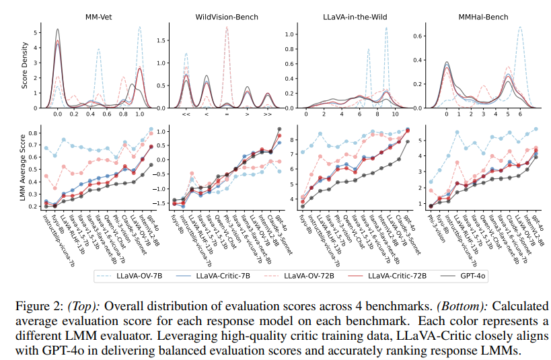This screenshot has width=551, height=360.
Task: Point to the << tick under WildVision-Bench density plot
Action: pos(186,115)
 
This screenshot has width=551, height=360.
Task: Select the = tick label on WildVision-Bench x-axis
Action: pos(227,115)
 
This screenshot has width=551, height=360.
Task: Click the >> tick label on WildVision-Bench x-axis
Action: pos(268,115)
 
